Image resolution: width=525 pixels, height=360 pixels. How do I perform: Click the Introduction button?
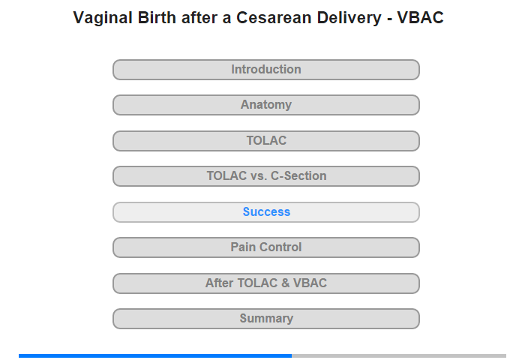point(266,70)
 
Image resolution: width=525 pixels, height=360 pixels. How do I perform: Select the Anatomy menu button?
point(266,105)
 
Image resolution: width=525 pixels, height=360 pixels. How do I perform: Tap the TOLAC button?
point(266,141)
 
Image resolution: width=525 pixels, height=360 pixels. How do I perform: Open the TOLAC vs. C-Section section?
point(266,176)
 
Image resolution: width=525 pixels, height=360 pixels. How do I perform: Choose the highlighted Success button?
point(266,212)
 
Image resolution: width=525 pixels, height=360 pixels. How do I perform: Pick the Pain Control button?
point(266,247)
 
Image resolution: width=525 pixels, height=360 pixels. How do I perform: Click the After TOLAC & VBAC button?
point(266,283)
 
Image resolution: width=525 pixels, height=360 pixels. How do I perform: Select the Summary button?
point(266,319)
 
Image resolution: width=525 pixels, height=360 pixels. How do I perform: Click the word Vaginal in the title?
point(103,19)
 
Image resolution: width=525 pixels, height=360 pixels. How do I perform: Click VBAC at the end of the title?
point(421,18)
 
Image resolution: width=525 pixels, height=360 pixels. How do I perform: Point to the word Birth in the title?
point(157,18)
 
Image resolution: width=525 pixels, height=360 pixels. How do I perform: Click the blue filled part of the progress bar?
point(155,355)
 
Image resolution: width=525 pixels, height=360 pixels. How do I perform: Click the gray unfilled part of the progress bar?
point(399,355)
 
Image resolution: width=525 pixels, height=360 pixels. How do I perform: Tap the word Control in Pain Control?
point(280,247)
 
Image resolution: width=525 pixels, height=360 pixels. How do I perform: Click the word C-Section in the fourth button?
point(298,175)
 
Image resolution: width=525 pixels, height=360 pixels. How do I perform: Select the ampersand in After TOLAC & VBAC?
point(286,283)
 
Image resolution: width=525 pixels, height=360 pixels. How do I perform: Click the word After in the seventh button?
point(219,283)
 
